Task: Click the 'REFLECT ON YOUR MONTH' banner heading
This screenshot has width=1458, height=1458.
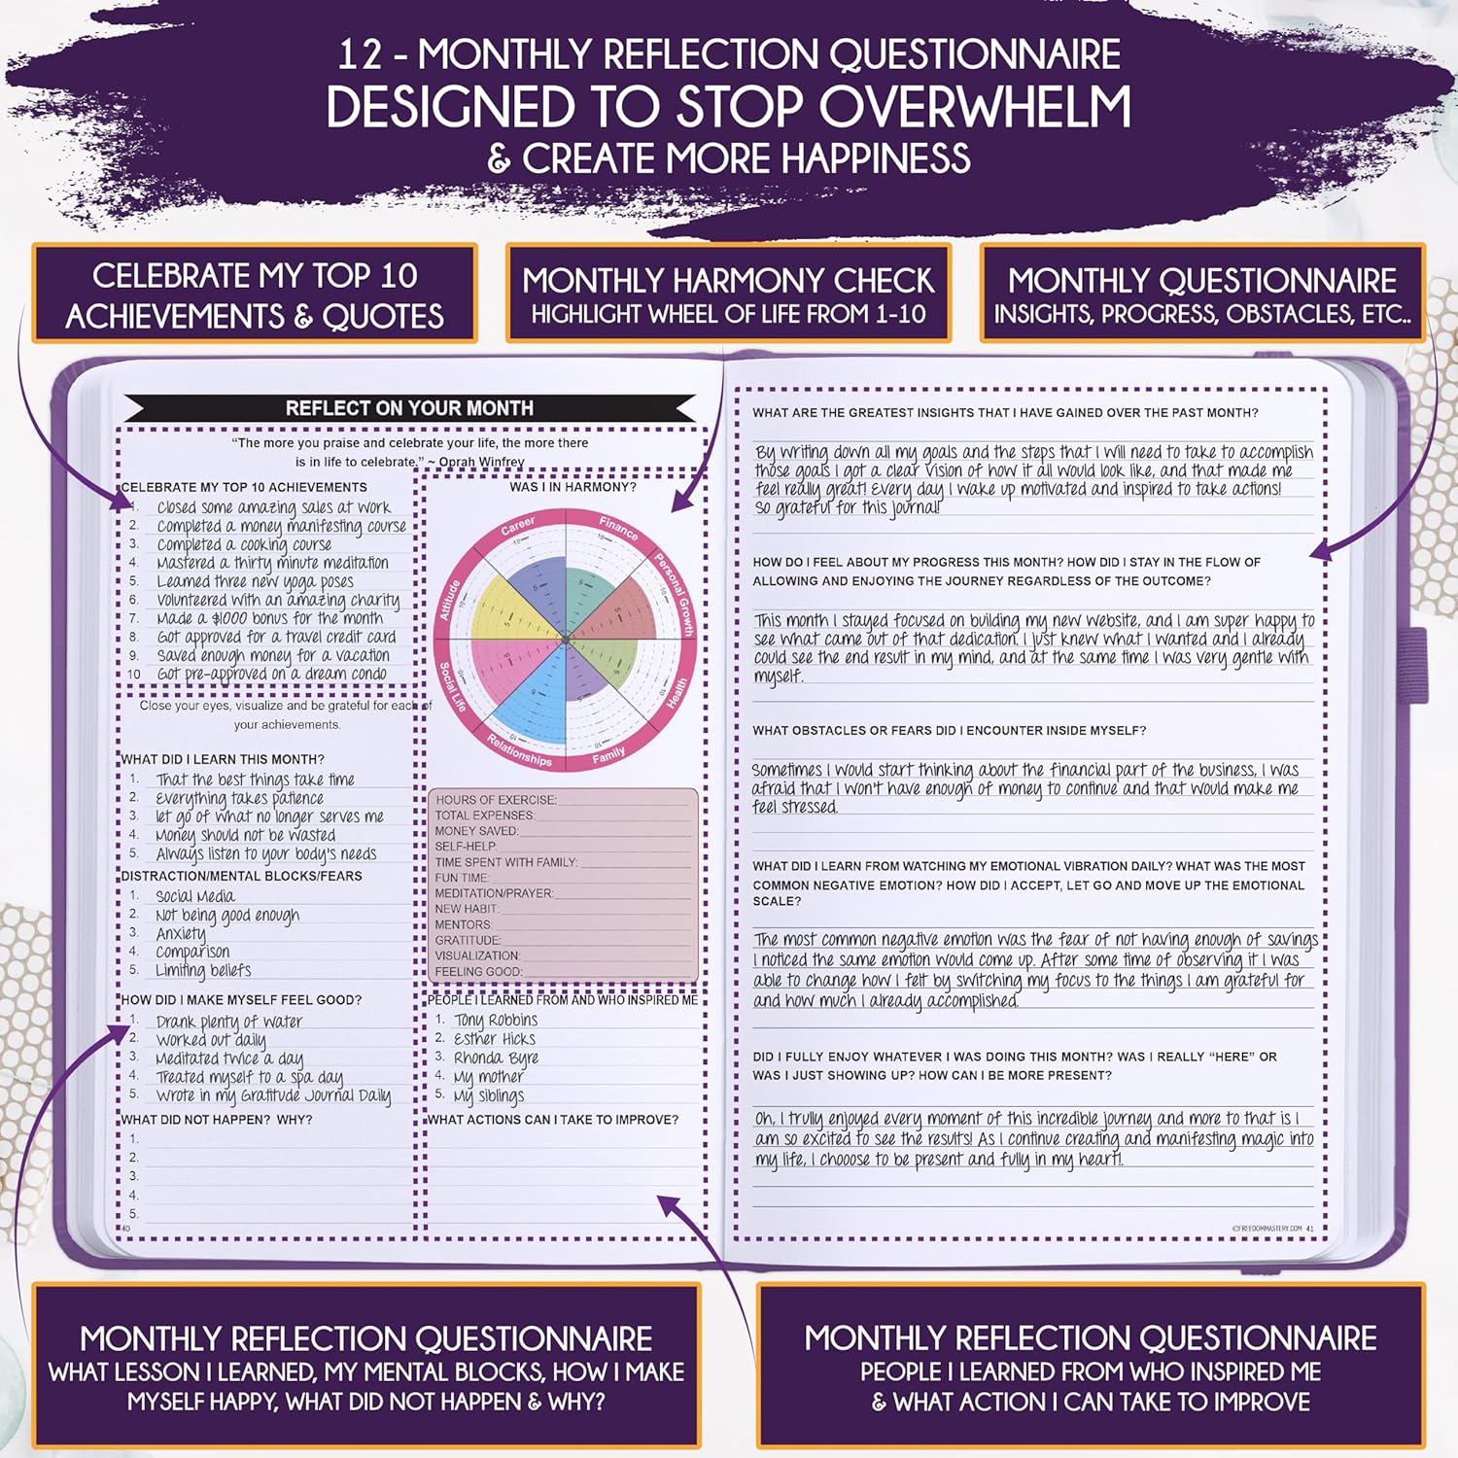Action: point(409,408)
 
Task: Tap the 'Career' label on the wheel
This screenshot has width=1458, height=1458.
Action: point(518,526)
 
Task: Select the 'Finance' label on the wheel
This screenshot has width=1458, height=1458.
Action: point(618,527)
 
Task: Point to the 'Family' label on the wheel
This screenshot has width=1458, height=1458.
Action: point(609,755)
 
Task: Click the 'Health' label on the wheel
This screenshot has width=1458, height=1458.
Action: point(677,693)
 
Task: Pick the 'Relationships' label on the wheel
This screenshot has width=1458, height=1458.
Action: point(519,750)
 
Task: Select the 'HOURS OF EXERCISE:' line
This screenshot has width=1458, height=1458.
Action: point(496,800)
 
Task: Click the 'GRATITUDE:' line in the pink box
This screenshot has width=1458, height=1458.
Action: point(469,940)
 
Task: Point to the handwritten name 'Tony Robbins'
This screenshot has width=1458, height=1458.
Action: point(496,1020)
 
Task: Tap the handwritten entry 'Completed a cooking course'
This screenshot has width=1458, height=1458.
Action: point(244,544)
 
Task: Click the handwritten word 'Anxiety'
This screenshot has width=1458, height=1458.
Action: point(181,933)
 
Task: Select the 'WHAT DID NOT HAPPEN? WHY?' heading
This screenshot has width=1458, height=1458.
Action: point(217,1120)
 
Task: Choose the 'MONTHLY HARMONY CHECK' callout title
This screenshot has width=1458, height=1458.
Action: point(728,281)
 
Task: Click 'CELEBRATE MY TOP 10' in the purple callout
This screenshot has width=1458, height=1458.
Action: point(255,276)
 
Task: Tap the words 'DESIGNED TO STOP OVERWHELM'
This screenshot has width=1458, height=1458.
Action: point(728,107)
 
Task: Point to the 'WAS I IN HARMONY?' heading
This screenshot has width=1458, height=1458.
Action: point(573,487)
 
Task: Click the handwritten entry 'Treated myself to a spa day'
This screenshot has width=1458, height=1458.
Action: point(250,1077)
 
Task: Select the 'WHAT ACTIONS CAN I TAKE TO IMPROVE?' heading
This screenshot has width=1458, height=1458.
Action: point(553,1120)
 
